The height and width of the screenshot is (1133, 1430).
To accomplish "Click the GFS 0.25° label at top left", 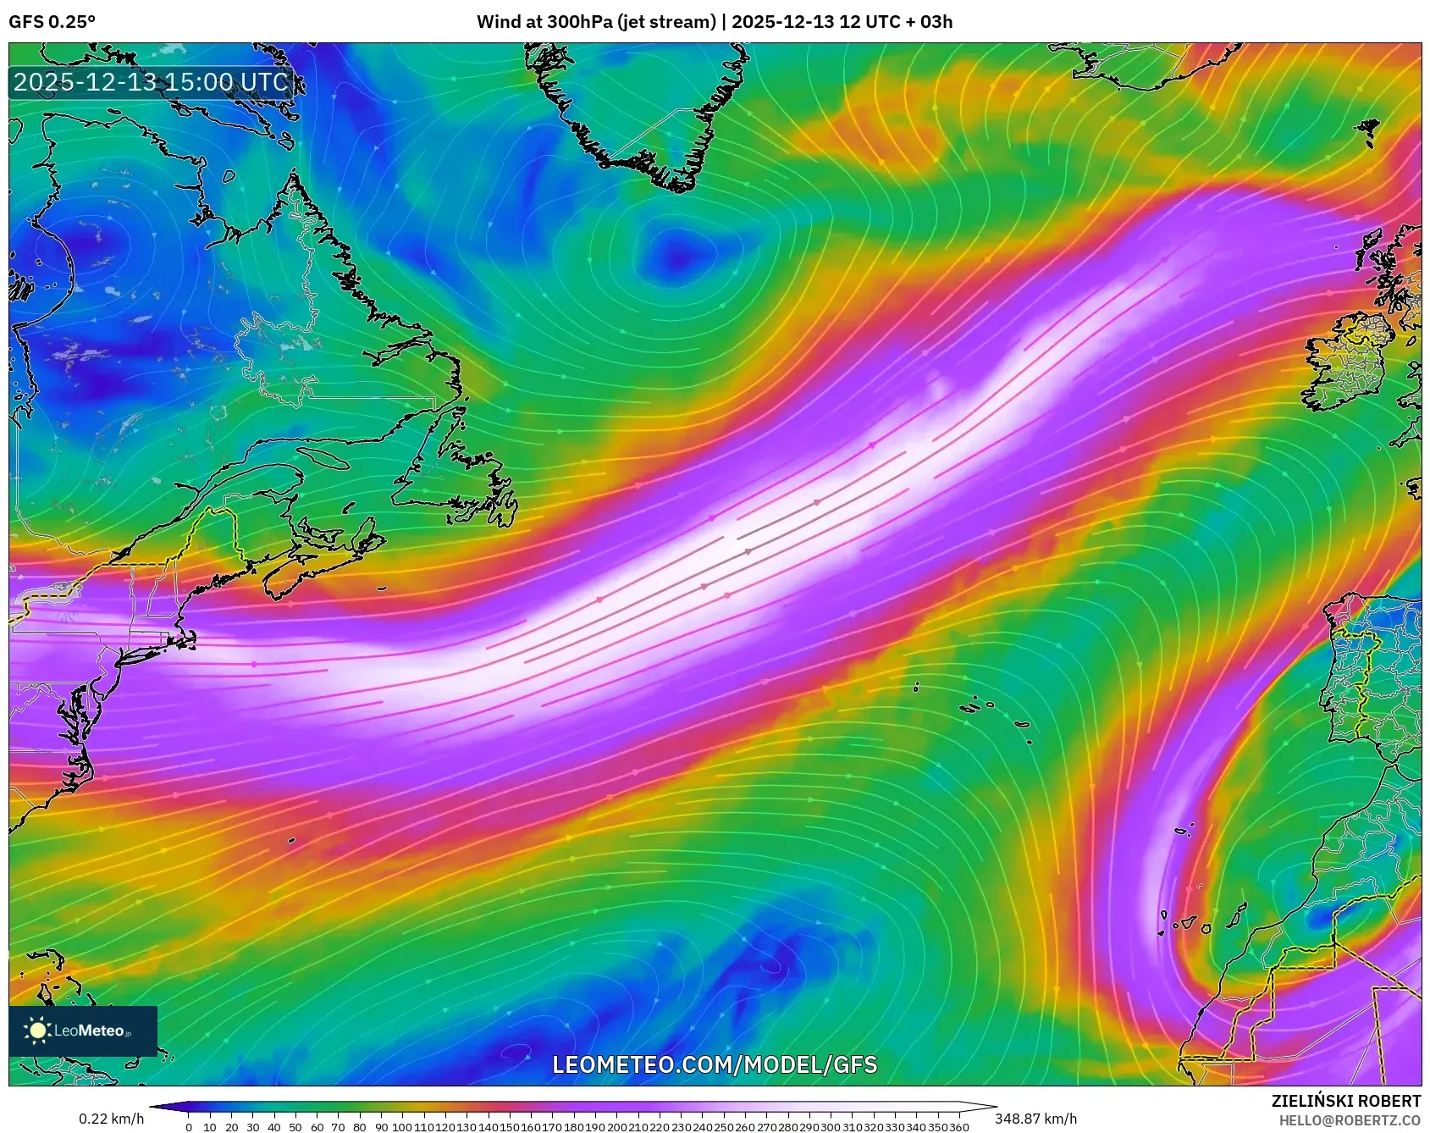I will pos(52,22).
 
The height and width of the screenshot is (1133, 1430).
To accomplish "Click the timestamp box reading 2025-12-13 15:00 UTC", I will pos(152,82).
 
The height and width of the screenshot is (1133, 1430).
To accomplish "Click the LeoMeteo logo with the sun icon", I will pos(82,1031).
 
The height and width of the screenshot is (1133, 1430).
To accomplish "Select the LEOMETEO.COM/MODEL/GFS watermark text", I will pos(715,1064).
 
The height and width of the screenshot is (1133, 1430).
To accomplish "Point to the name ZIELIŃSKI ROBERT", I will pos(1345,1101).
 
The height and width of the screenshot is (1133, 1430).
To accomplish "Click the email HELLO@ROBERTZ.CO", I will pos(1350,1120).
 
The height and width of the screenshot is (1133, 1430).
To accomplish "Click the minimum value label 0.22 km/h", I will pos(111,1119).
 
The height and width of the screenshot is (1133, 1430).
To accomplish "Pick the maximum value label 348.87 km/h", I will pos(1035,1119).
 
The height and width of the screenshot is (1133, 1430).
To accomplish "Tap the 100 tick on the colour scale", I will pos(401,1127).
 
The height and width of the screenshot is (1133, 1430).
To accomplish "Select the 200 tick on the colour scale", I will pos(616,1127).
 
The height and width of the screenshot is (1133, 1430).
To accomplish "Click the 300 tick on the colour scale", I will pos(830,1127).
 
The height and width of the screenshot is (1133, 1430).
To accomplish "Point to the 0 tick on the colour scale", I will pos(188,1127).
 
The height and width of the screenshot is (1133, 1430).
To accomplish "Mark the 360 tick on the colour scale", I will pos(958,1127).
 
